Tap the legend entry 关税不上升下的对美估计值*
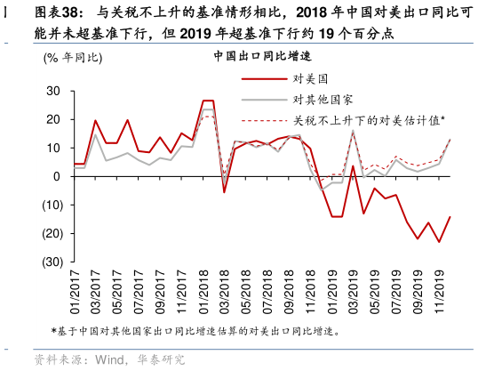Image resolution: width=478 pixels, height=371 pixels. tap(369, 119)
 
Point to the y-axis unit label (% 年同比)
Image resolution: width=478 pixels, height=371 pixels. tap(71, 58)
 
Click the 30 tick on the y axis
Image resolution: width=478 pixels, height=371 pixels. tap(52, 91)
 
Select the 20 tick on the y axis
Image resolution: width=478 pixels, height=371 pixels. tap(52, 119)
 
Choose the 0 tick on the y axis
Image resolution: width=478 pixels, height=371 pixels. tap(56, 176)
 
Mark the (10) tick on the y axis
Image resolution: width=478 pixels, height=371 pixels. tap(51, 205)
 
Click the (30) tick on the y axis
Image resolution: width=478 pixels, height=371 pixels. tap(51, 262)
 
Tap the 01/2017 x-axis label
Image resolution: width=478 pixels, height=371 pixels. tap(76, 293)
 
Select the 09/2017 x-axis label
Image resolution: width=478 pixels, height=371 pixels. tap(161, 293)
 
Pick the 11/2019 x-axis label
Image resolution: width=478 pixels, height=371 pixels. tap(438, 293)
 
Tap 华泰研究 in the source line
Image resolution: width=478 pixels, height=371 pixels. tap(160, 359)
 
